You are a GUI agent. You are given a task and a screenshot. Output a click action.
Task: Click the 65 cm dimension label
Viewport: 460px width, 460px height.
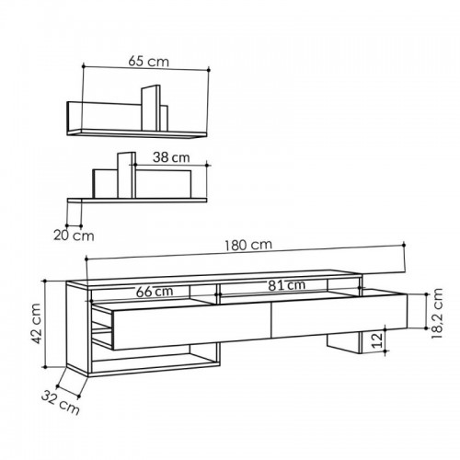click(148, 61)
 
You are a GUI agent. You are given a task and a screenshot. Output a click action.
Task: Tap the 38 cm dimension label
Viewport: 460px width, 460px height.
click(171, 157)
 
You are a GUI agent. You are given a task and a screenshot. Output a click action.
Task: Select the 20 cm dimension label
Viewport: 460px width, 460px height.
click(74, 236)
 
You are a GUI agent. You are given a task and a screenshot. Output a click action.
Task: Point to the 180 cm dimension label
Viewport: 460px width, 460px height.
click(248, 245)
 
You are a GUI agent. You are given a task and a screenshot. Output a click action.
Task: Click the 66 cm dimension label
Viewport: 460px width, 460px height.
click(155, 292)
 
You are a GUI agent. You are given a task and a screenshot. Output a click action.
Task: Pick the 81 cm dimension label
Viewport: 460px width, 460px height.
click(287, 285)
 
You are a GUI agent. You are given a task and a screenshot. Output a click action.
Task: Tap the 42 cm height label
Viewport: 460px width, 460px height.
click(36, 324)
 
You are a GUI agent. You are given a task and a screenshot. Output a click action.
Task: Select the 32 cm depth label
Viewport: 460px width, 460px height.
click(61, 402)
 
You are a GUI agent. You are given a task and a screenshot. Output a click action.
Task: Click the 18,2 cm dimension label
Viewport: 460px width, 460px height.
click(437, 313)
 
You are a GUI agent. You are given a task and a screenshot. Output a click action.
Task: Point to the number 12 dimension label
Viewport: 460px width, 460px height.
click(377, 340)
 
